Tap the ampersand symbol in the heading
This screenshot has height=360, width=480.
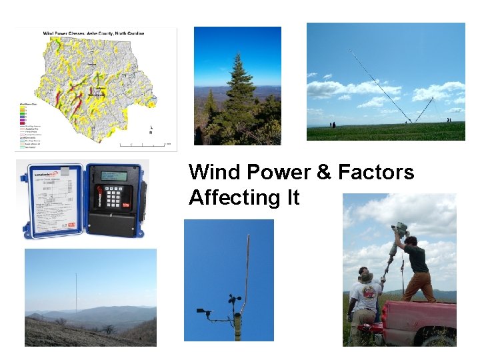(x=324, y=173)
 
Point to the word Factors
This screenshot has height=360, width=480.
(x=376, y=173)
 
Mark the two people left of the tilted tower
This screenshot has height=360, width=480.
(x=332, y=125)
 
